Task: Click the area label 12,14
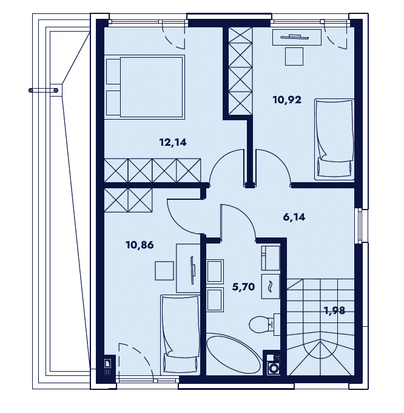coord(173,143)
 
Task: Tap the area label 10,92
coord(287,100)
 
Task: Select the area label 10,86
coord(140,245)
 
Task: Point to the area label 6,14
coord(294,217)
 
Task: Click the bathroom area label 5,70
coord(244,287)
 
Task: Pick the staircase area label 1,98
coord(334,310)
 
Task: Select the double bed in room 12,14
coord(144,87)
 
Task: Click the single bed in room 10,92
coord(334,139)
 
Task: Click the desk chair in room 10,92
coord(294,56)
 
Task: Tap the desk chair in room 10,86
coord(164,270)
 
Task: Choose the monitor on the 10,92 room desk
coord(295,37)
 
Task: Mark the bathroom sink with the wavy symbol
coord(271,286)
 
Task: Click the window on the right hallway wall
coord(361,226)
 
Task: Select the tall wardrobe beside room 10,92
coord(240,71)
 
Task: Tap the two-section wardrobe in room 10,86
coord(129,200)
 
